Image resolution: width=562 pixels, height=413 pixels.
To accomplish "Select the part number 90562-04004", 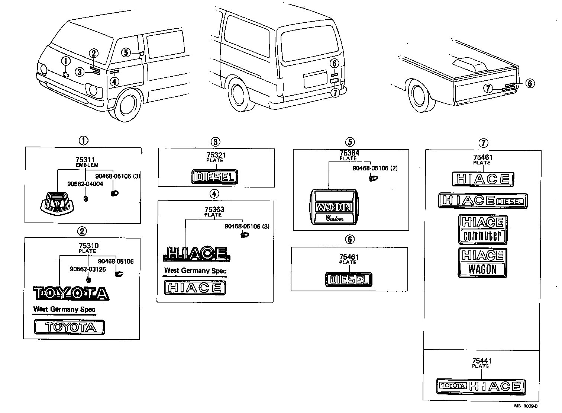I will tap(85, 184).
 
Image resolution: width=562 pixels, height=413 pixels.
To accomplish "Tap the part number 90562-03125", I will tap(88, 269).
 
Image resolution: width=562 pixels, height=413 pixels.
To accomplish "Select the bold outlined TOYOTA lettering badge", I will tap(71, 293).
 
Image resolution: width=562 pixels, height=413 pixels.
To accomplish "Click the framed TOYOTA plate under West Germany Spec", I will tap(70, 327).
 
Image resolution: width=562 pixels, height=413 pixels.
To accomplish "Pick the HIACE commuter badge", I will tap(482, 230).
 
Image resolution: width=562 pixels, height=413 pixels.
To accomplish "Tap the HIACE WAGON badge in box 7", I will tap(482, 263).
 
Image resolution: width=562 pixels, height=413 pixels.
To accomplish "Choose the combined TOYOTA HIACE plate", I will tap(481, 386).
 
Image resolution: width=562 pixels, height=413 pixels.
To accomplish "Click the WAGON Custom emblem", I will tap(334, 208).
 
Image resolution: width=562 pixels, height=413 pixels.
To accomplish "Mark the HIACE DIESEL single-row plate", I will tap(483, 201).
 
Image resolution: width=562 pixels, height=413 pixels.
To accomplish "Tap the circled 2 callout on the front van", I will tap(93, 54).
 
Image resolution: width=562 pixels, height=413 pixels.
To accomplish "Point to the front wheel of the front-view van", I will tap(128, 105).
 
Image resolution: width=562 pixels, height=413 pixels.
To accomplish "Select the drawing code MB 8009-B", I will tap(526, 406).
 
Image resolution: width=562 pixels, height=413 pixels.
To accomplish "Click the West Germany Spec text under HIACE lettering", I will tap(195, 271).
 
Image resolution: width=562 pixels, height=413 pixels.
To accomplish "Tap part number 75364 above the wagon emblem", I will tap(349, 153).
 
